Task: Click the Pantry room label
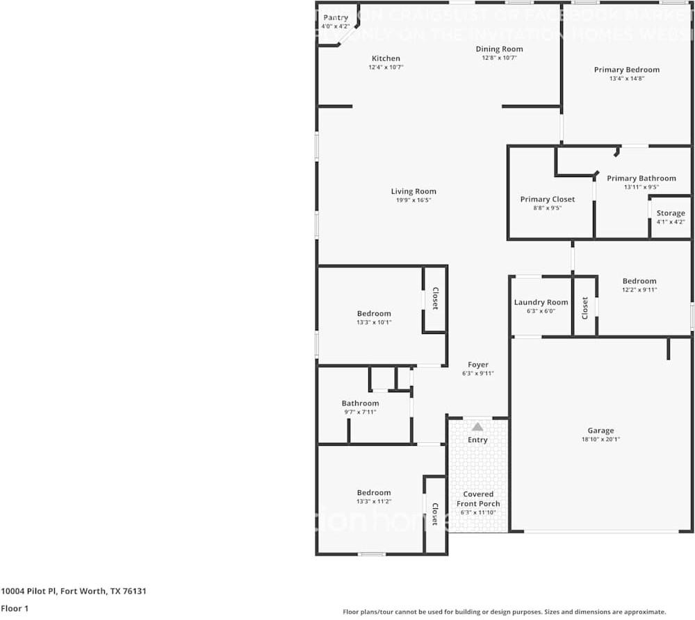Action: pyautogui.click(x=335, y=17)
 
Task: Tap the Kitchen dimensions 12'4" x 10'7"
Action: pyautogui.click(x=386, y=67)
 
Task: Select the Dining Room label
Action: pyautogui.click(x=499, y=49)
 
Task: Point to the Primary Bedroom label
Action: pyautogui.click(x=626, y=69)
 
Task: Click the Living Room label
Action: pyautogui.click(x=414, y=192)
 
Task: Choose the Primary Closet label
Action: pyautogui.click(x=548, y=199)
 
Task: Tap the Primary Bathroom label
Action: pyautogui.click(x=641, y=178)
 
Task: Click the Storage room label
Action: pyautogui.click(x=671, y=213)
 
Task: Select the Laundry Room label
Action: pyautogui.click(x=541, y=302)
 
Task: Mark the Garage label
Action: pyautogui.click(x=600, y=430)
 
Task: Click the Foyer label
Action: pyautogui.click(x=477, y=365)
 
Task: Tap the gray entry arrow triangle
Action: pyautogui.click(x=477, y=427)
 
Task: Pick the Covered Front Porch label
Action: pyautogui.click(x=478, y=499)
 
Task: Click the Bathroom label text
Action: pyautogui.click(x=360, y=403)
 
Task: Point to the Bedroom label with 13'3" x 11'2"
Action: pyautogui.click(x=374, y=493)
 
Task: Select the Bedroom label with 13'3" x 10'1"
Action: pyautogui.click(x=374, y=314)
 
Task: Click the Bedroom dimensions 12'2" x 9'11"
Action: pyautogui.click(x=639, y=290)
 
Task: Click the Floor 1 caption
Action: pyautogui.click(x=14, y=608)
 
